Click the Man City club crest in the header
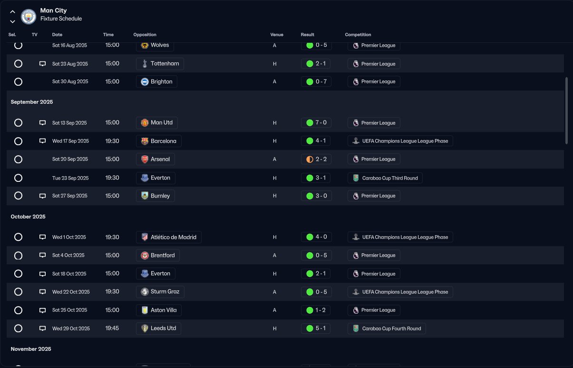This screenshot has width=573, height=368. tap(29, 17)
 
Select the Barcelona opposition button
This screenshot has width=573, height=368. tap(158, 141)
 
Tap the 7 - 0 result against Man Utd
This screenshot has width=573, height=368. tap(316, 123)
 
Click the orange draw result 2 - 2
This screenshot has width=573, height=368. tap(316, 159)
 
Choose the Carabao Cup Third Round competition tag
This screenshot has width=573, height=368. tap(385, 178)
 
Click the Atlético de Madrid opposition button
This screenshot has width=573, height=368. tap(168, 237)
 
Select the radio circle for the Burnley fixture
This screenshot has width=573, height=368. tap(18, 196)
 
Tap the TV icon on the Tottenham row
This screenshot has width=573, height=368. tap(42, 64)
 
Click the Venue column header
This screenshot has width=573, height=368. tap(277, 35)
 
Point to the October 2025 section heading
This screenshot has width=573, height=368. tap(28, 217)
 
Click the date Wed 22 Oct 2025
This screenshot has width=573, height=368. tap(71, 292)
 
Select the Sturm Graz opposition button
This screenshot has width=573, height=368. tap(160, 292)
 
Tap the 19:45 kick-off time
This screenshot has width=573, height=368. tap(112, 328)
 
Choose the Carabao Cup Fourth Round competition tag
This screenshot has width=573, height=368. tap(387, 328)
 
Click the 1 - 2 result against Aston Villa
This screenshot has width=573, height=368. tap(316, 310)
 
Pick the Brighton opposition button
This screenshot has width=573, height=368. tap(156, 82)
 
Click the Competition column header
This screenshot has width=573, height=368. tap(358, 35)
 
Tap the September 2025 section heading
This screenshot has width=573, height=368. tap(32, 102)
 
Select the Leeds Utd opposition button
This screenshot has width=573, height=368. tap(158, 328)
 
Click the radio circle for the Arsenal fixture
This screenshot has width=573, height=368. tap(18, 159)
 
